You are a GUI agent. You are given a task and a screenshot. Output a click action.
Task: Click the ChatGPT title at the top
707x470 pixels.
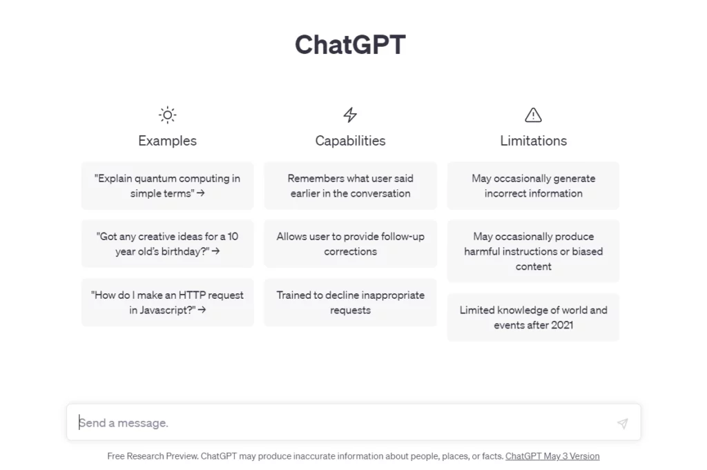click(350, 45)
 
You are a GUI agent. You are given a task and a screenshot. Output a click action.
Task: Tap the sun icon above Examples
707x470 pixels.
click(167, 115)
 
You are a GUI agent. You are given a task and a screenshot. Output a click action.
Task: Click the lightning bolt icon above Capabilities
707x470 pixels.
click(350, 115)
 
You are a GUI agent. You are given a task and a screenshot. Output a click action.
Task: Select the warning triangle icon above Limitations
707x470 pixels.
click(534, 115)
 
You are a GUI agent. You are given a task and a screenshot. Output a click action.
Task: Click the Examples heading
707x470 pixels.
click(167, 141)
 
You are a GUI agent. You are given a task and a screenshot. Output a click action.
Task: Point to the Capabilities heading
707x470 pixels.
click(350, 141)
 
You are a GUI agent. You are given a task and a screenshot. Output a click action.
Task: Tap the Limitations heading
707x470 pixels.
click(534, 141)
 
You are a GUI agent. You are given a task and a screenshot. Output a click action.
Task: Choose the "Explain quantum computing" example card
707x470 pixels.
click(167, 186)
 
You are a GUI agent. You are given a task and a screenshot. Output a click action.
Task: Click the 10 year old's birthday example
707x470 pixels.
click(167, 244)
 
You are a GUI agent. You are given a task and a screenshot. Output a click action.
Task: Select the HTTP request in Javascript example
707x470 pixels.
click(167, 302)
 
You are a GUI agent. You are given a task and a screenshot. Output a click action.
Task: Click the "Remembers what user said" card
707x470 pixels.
click(350, 186)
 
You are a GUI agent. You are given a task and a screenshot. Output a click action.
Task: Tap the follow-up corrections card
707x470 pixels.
click(350, 244)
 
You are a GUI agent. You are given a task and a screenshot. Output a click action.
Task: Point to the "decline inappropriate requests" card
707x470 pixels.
click(350, 302)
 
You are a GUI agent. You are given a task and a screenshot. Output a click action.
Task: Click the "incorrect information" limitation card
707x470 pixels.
click(534, 186)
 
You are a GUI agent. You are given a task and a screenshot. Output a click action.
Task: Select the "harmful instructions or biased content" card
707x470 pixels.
click(534, 251)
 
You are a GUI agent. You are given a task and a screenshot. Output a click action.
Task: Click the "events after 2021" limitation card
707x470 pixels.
click(534, 317)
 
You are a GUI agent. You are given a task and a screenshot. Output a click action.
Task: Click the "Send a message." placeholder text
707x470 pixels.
click(124, 422)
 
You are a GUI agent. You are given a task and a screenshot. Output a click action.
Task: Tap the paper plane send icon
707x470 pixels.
click(623, 423)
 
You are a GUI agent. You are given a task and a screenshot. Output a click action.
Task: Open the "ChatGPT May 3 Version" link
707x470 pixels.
click(552, 456)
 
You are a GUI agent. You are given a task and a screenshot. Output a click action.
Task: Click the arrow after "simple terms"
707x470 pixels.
click(201, 193)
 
